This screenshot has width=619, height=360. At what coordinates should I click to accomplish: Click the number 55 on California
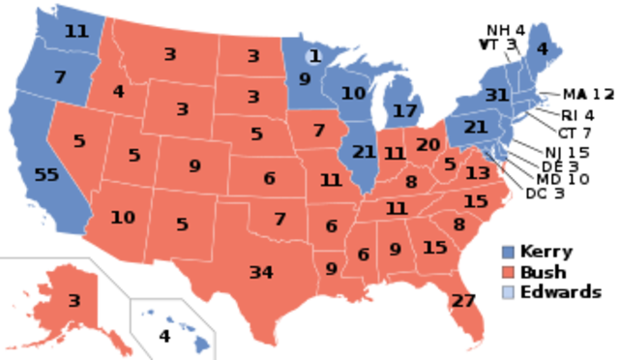46,175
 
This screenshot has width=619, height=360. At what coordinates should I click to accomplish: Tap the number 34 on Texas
261,272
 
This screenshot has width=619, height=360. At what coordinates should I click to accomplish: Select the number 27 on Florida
463,301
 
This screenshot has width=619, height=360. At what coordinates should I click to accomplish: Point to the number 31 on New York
497,96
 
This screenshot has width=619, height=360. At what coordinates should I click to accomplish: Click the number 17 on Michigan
405,111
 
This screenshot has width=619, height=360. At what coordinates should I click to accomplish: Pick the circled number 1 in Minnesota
313,57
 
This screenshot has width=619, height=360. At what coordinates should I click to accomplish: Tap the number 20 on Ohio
427,145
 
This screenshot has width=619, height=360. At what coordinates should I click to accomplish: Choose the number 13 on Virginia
477,173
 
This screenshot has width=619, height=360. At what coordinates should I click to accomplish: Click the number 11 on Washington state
76,31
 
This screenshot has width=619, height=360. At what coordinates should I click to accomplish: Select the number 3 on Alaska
74,301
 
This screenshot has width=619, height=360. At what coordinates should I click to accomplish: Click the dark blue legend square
508,253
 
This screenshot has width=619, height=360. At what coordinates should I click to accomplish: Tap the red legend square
508,271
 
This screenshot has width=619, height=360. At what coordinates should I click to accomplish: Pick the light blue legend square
508,290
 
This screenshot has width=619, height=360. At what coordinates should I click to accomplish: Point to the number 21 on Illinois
364,152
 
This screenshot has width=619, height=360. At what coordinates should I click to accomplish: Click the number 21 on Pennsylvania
476,127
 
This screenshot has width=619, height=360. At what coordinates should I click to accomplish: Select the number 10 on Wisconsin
354,94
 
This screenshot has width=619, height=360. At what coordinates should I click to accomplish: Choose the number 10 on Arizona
122,218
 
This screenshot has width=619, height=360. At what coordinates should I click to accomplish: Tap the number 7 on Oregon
60,76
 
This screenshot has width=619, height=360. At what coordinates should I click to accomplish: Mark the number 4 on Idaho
118,92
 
